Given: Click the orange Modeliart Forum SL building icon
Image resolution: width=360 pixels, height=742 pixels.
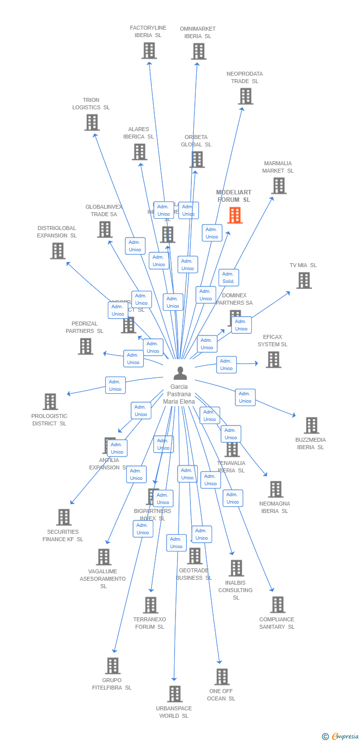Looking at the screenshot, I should pos(235,215).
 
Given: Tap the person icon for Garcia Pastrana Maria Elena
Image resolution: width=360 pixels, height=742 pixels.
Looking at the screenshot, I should pos(180,373).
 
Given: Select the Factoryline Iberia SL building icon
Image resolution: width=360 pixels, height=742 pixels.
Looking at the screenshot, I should pos(149,50).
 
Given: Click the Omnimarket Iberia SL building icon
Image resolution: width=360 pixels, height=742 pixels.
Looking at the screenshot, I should pos(198,51).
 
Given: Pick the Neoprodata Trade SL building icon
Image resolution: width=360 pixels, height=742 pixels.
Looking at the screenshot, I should pos(245,96).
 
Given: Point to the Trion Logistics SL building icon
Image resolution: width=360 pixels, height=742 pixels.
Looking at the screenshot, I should pos(91,122).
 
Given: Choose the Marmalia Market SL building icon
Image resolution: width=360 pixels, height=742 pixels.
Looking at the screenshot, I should pos(278,185).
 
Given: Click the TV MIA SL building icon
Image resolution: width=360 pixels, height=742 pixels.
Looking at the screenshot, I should pos(304,280).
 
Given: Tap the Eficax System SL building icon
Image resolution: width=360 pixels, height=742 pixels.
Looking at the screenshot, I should pos(273,360).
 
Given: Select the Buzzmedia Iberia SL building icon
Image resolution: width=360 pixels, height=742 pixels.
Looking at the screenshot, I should pos(311,425).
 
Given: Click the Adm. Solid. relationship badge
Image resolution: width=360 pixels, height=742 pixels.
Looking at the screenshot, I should pos(228,278).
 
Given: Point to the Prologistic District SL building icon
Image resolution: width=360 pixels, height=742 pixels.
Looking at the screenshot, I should pos(50,402).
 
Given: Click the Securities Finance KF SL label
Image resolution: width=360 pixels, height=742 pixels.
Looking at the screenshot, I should pos(63,536).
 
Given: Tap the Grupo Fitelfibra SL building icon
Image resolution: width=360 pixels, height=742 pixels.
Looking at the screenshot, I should pos(112,666).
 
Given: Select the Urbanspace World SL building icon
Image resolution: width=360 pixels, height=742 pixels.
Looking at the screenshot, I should pos(175,694).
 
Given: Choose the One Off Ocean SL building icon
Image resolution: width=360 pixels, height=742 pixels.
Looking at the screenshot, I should pos(222,677).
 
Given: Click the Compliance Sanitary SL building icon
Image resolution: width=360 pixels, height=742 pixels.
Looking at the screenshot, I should pos(277,604).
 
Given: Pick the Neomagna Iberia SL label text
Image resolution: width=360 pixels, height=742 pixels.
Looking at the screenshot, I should pos(274,508).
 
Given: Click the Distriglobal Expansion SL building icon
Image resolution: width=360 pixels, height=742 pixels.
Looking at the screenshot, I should pos(57,251).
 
